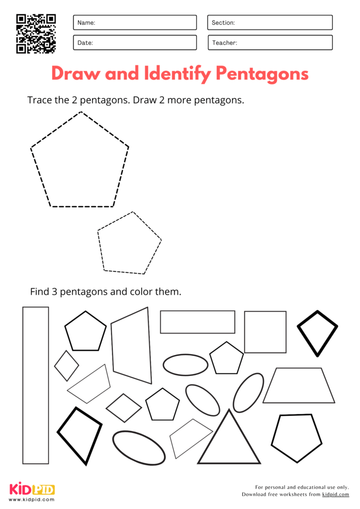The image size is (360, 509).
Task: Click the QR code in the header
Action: pos(36,33)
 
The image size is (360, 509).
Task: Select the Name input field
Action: pos(135,22)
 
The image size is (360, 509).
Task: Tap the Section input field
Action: pos(270,22)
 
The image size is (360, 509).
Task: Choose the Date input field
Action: pos(135,43)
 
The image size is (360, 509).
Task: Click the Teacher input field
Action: pos(270,43)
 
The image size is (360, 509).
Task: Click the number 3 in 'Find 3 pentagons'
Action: pos(54,291)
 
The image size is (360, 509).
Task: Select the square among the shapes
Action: pos(265,332)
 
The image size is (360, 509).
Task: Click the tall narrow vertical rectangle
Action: pos(35,385)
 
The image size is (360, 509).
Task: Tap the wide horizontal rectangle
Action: pos(197,322)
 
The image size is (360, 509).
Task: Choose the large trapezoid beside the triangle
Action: pos(299,385)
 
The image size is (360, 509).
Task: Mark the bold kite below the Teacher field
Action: pos(317,331)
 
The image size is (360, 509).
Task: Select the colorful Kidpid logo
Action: pos(32,489)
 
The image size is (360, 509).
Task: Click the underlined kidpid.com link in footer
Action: pos(336,495)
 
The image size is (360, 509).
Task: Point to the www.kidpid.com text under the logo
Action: pos(32,499)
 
